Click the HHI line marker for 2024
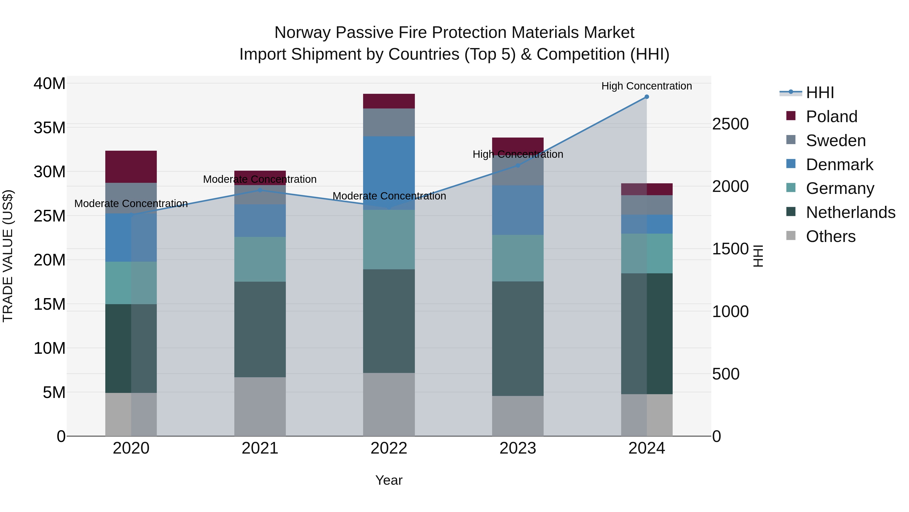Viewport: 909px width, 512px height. [646, 97]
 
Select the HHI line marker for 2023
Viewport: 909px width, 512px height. [518, 165]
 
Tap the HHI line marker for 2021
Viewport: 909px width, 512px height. [260, 190]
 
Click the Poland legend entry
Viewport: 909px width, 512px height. [831, 117]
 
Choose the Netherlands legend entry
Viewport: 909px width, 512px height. [850, 212]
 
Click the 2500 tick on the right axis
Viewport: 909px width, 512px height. [730, 124]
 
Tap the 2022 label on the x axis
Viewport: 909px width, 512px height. [389, 448]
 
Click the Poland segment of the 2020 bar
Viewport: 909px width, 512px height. [131, 167]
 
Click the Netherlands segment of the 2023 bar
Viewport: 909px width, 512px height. [518, 339]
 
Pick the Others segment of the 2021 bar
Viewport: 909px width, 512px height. [260, 406]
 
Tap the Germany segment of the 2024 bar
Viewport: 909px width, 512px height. [646, 253]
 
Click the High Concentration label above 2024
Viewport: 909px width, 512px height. [646, 86]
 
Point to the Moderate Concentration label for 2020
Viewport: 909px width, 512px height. [131, 204]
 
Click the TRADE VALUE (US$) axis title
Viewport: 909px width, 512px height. [8, 256]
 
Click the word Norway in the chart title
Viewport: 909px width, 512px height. [302, 33]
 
